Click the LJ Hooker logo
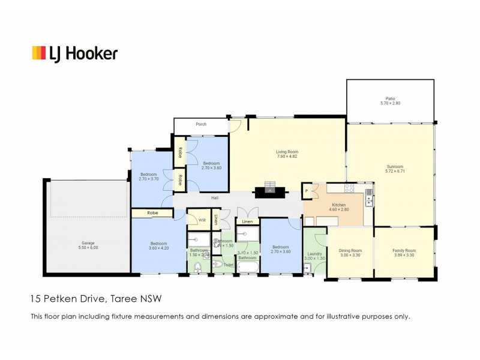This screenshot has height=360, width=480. [x=74, y=53]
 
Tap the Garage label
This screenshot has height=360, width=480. [x=88, y=244]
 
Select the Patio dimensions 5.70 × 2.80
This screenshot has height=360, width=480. [x=390, y=104]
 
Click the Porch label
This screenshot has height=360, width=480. [x=201, y=125]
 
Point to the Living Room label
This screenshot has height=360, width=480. [x=287, y=152]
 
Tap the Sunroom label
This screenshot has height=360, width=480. [x=394, y=167]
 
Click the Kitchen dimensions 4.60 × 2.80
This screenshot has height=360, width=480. [x=339, y=209]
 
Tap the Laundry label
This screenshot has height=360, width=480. [x=315, y=254]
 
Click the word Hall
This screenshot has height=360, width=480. [x=214, y=198]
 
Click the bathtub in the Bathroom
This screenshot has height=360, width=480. [x=247, y=265]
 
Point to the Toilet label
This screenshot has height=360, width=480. [x=229, y=264]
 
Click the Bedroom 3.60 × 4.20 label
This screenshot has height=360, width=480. [x=158, y=243]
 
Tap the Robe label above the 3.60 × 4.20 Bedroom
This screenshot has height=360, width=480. [x=152, y=212]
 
